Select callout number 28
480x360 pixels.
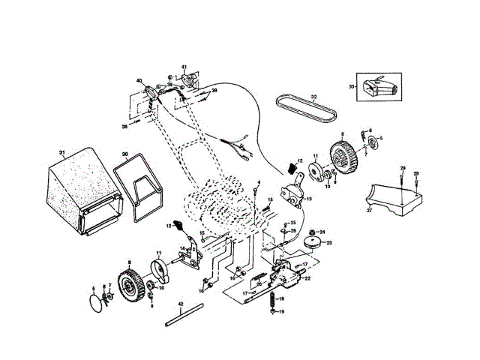pyautogui.click(x=416, y=173)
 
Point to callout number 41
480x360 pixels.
pyautogui.click(x=183, y=67)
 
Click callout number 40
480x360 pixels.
pyautogui.click(x=139, y=81)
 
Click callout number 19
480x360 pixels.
pyautogui.click(x=282, y=311)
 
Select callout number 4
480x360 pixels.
pyautogui.click(x=259, y=182)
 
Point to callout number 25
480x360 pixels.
pyautogui.click(x=293, y=223)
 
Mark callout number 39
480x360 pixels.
pyautogui.click(x=169, y=85)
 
